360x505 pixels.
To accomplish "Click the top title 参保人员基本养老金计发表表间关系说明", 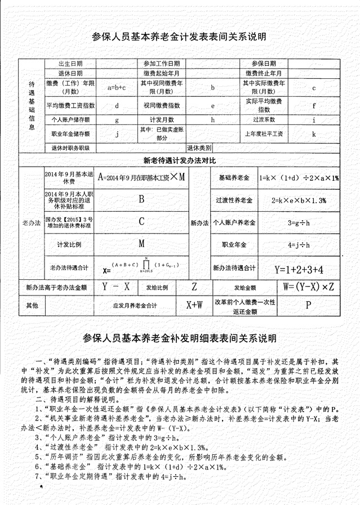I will click(179, 37).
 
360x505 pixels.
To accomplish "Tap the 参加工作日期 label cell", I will click(162, 64).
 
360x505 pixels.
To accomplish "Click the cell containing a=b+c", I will click(116, 87).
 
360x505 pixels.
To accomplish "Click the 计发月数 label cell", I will click(162, 119).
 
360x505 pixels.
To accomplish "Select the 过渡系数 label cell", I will click(263, 119).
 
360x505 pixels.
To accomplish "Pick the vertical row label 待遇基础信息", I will click(32, 105).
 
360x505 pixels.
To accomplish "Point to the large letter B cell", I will click(141, 199).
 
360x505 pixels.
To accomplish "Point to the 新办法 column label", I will click(199, 222).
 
